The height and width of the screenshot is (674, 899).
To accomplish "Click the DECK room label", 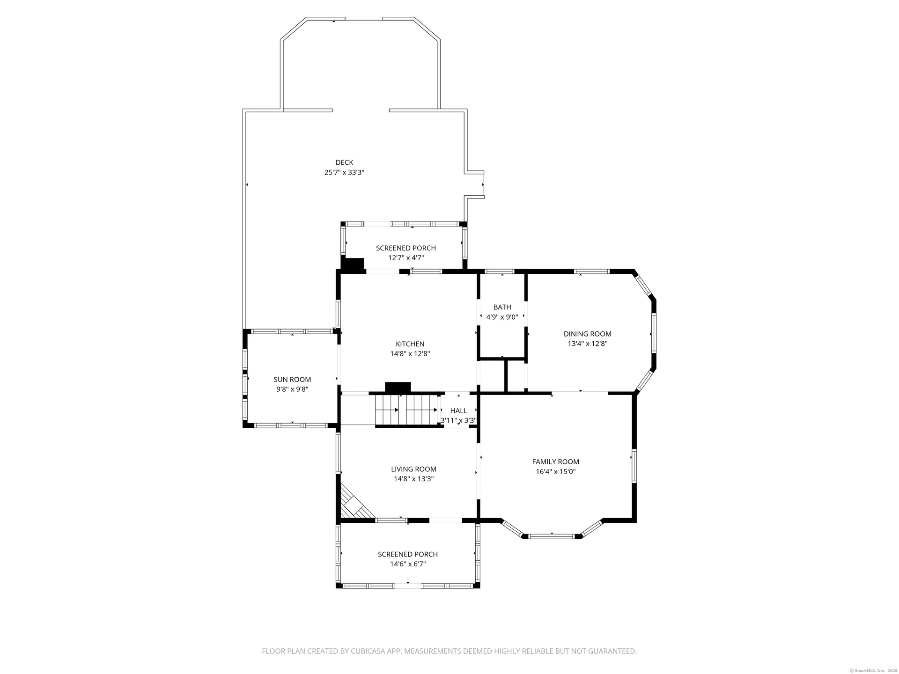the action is click(x=344, y=162).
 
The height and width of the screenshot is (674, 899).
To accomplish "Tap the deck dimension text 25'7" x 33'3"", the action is click(x=344, y=172).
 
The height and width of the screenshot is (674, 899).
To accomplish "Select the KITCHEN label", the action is click(x=410, y=344).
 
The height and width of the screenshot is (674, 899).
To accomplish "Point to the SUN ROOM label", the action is click(x=292, y=380).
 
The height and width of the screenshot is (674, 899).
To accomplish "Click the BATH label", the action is click(x=502, y=307).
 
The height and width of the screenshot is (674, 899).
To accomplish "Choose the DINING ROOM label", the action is click(x=588, y=334).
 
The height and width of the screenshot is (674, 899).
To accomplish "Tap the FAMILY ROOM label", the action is click(x=556, y=462).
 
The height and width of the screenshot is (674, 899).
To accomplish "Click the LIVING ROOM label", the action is click(x=413, y=469).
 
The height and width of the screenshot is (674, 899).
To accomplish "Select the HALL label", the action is click(x=458, y=410).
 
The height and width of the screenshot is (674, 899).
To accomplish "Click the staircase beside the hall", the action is click(x=406, y=410).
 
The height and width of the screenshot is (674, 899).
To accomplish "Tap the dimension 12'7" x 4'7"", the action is click(x=406, y=257).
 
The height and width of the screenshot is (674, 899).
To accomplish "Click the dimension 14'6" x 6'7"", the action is click(x=408, y=564).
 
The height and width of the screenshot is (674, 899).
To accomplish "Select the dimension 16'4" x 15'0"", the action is click(x=556, y=471).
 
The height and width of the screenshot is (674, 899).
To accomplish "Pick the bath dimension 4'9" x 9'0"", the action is click(x=502, y=317).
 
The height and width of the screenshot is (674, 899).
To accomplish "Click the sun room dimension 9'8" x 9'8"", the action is click(x=292, y=389).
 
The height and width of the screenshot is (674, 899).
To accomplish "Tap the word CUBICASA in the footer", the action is click(x=367, y=651).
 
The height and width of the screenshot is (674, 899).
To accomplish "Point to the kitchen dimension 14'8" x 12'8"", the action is click(x=410, y=354).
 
